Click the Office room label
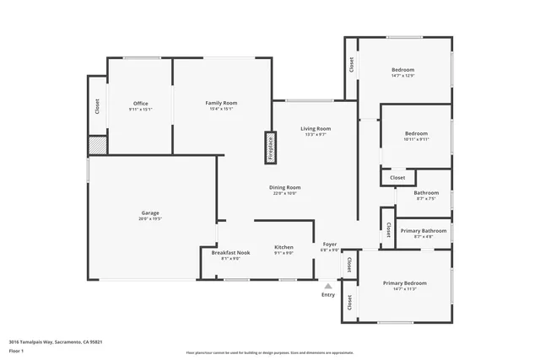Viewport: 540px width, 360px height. pos(140,104)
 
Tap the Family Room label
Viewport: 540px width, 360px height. pos(219,104)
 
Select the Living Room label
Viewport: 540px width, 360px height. pos(316,129)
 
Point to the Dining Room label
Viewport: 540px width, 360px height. pos(284,187)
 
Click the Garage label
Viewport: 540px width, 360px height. pos(150,212)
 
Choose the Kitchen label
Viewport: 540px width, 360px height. pos(283,247)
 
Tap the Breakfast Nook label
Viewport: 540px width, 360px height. pos(230,253)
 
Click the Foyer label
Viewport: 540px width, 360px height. pos(330,244)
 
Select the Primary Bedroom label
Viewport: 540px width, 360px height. pos(404,282)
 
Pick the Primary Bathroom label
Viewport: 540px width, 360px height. pos(423,231)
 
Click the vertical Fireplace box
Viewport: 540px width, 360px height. pos(271,146)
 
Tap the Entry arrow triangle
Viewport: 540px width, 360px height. pos(327,286)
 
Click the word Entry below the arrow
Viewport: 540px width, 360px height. pos(327,294)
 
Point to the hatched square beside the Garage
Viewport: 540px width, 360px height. pos(98,145)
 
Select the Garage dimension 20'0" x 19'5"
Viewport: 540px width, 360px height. pos(150,218)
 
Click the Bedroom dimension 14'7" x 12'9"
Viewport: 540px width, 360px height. pos(402,76)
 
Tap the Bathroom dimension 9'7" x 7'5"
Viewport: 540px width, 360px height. pos(425,199)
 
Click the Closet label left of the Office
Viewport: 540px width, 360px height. pos(97,106)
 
